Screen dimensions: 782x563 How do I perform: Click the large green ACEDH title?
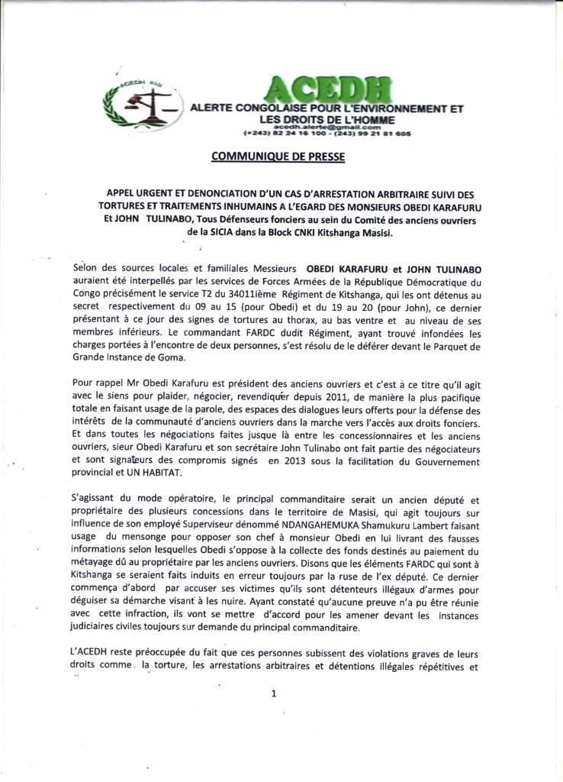[x=328, y=92]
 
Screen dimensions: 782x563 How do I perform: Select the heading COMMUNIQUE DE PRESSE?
[x=277, y=157]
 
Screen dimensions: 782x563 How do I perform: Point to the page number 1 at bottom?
[x=272, y=693]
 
